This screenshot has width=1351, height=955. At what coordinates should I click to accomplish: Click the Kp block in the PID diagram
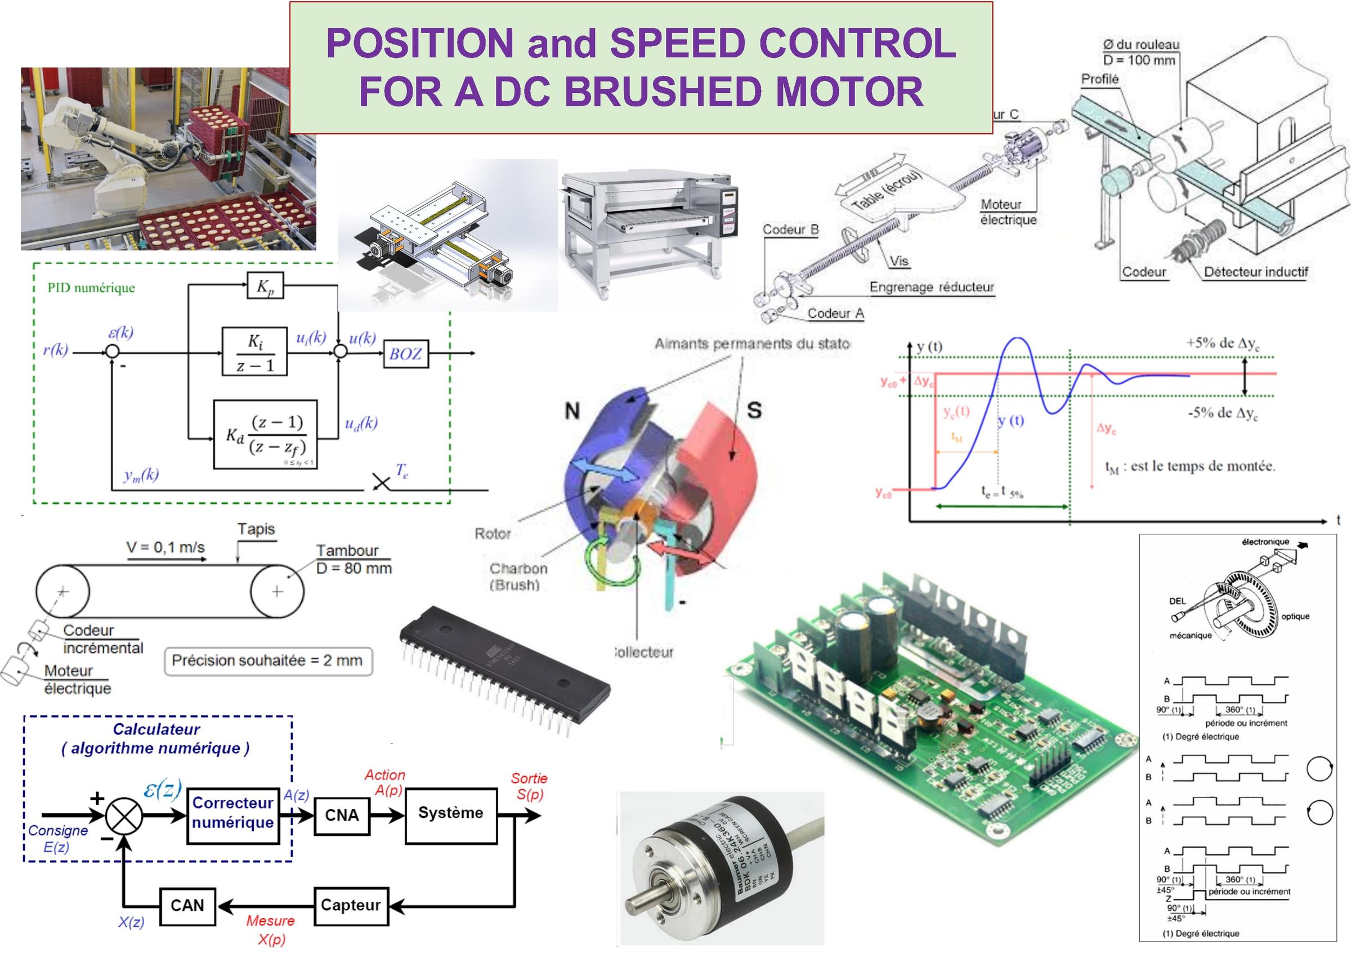pos(264,286)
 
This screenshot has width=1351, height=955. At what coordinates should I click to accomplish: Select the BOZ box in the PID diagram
pos(405,353)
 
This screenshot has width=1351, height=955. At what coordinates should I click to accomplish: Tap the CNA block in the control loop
pos(342,815)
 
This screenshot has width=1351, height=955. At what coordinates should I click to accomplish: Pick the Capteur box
pos(350,905)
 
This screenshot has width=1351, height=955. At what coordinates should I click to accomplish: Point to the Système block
pos(451,813)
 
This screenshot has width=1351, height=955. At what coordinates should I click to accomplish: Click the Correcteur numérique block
pos(233,813)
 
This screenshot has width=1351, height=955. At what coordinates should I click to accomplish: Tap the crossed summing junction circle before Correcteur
pos(124,816)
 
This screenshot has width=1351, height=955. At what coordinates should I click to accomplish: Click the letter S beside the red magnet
pos(754,410)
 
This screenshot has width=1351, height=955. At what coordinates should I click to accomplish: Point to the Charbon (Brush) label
pos(518,576)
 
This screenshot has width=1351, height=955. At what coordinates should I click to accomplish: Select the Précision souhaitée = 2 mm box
pos(268,660)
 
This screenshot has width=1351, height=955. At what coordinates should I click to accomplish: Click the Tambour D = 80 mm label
pos(354,559)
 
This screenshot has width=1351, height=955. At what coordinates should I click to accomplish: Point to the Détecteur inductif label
pos(1256,272)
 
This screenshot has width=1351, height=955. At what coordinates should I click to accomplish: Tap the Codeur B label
pos(790,230)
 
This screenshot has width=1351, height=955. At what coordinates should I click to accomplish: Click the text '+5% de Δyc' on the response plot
pos(1223,344)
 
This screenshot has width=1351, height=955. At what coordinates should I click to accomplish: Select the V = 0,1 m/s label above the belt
pos(165,547)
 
